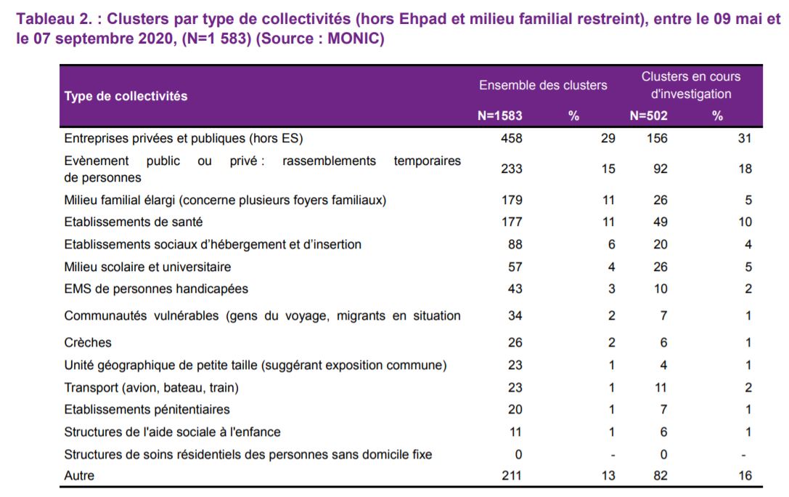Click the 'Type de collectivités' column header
[x=126, y=96]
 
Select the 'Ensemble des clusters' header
[x=543, y=85]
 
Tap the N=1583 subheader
[x=499, y=116]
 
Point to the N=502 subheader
[x=649, y=116]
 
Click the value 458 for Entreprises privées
[x=511, y=138]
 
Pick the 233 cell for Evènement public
[x=511, y=169]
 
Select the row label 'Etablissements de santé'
[x=134, y=222]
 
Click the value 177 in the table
[x=512, y=222]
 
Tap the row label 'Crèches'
[x=88, y=342]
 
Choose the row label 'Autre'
[x=79, y=475]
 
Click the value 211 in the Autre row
[x=511, y=475]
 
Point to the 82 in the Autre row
[x=661, y=475]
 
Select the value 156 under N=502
[x=657, y=138]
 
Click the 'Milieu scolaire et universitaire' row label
[x=147, y=267]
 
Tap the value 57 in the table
[x=515, y=267]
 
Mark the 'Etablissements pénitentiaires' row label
[x=147, y=409]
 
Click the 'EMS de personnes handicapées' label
[x=156, y=289]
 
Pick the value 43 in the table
[x=515, y=289]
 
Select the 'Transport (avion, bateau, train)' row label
[x=152, y=388]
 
